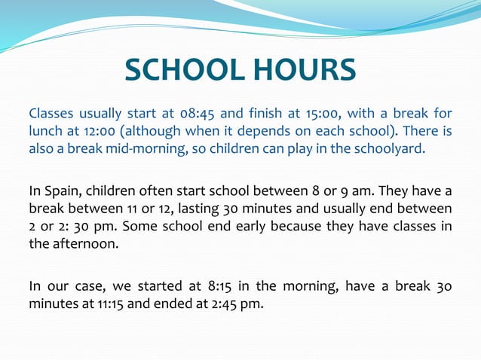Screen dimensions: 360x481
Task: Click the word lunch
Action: pos(45,131)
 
